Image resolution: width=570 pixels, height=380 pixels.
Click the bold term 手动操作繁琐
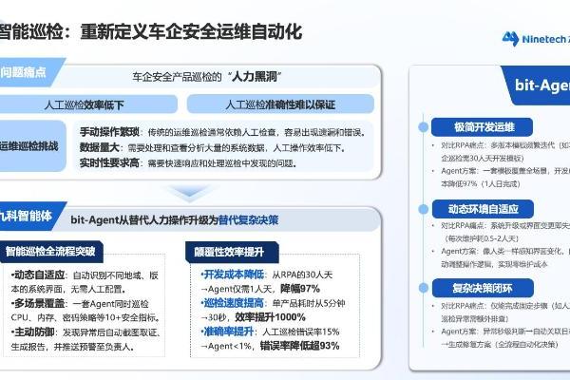108,130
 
